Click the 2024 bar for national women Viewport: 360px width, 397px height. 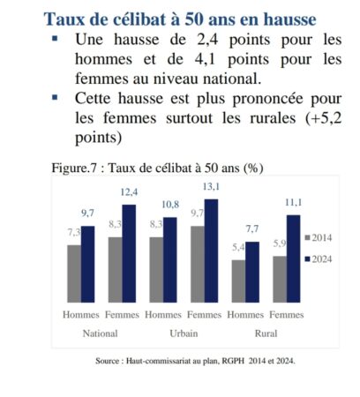click(129, 253)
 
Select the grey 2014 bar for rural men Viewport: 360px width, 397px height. click(238, 281)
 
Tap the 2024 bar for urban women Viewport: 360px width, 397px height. click(211, 251)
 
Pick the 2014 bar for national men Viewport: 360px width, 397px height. click(74, 273)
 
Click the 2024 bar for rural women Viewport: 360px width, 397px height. click(294, 258)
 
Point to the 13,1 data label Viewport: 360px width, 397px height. click(211, 186)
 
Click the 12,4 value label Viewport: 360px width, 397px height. click(129, 192)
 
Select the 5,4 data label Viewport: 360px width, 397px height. click(238, 247)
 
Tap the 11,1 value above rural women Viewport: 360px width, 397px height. click(294, 202)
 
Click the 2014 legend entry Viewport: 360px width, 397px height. click(319, 237)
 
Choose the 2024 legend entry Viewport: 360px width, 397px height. click(319, 259)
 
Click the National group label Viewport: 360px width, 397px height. click(101, 333)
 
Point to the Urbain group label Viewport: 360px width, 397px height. click(184, 333)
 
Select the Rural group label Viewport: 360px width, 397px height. click(266, 333)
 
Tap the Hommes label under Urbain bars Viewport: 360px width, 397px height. click(163, 315)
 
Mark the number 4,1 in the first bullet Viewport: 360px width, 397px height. click(205, 59)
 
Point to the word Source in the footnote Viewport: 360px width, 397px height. click(107, 361)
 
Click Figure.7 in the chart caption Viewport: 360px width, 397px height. click(74, 168)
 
